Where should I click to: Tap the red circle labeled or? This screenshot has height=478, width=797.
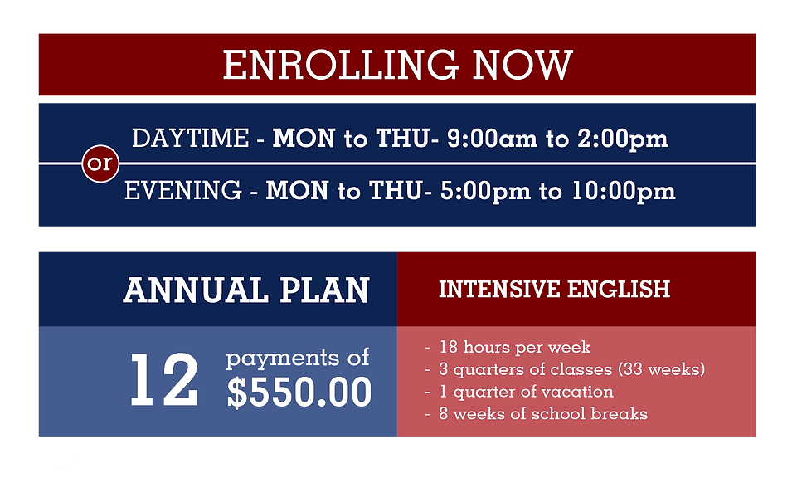[100, 164]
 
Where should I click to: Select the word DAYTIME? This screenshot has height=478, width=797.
[190, 139]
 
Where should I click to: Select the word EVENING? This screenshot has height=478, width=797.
[183, 192]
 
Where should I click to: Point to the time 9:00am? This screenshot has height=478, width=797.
[493, 139]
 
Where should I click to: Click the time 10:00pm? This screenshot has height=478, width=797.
[624, 192]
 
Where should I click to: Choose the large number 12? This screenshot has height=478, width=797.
[164, 381]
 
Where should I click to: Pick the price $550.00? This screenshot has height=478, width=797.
[299, 393]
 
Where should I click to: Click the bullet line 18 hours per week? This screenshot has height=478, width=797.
[514, 347]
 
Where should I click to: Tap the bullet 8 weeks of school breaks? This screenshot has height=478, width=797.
[542, 413]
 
